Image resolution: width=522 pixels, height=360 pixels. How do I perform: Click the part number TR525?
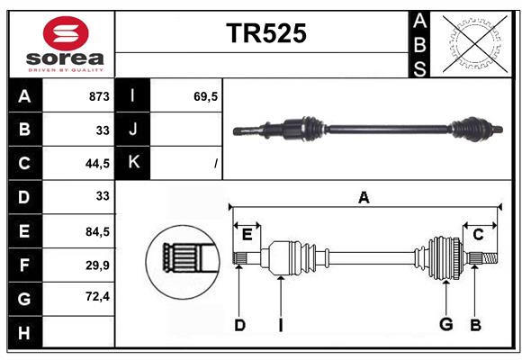tap(266, 33)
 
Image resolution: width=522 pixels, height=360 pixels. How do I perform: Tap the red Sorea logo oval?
tap(66, 33)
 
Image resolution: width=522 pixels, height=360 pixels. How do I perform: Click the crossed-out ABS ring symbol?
tap(475, 43)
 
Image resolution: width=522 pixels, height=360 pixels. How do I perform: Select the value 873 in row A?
tap(99, 96)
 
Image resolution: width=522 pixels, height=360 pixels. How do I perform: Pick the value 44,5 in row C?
tap(97, 164)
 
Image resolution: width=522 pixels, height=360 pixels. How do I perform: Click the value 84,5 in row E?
tap(97, 231)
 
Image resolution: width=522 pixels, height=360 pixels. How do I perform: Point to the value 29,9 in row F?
tap(97, 265)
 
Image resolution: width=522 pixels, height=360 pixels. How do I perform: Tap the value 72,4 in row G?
tap(97, 296)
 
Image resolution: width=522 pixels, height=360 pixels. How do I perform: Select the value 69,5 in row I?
tap(206, 96)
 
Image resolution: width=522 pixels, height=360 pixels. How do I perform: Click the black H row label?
tap(24, 332)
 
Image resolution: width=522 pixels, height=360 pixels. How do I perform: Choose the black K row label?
tap(133, 163)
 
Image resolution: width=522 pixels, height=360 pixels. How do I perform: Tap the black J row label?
tap(133, 129)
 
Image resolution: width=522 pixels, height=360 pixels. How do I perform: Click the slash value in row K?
tap(216, 164)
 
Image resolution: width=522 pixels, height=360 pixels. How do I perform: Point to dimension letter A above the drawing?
tap(364, 198)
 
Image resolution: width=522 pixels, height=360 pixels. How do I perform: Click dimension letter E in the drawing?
tap(247, 235)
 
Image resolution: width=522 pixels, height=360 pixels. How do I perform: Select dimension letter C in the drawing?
tap(478, 235)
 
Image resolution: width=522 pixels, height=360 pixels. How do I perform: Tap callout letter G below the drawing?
tap(446, 324)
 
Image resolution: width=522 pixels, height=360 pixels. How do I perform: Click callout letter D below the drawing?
tap(239, 325)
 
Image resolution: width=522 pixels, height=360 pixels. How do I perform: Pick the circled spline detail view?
tap(183, 262)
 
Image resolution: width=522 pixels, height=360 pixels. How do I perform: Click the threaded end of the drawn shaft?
tap(490, 258)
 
